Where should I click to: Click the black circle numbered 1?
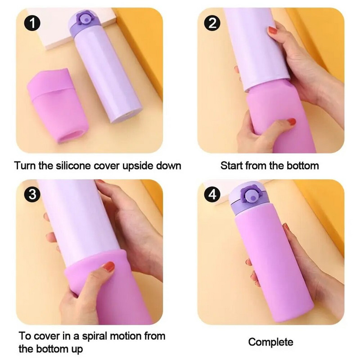32,23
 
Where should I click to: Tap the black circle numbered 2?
212,23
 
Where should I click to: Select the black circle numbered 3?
32,194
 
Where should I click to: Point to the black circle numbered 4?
212,194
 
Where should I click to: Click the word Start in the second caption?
232,166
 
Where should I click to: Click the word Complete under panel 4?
271,342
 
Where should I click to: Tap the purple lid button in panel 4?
251,195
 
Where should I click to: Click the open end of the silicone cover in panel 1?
70,136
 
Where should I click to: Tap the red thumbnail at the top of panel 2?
273,30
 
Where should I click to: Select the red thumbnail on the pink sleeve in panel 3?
109,266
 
